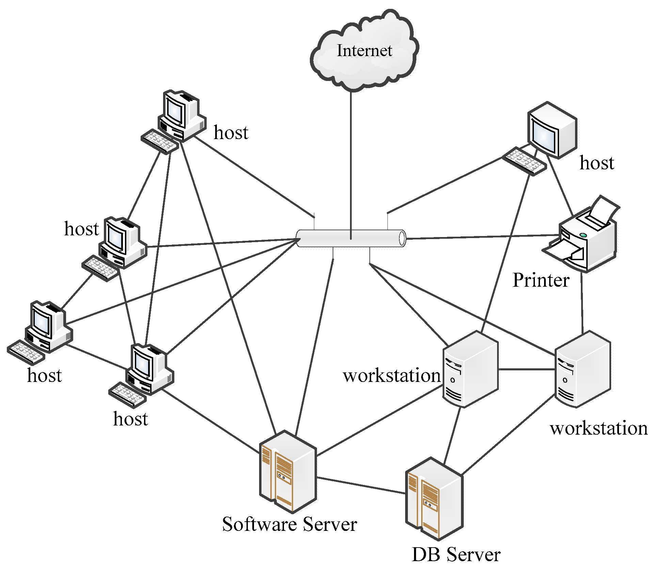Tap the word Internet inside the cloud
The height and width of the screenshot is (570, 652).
pos(364,51)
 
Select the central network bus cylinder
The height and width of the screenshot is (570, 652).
pos(351,238)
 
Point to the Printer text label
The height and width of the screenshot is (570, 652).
pos(541,281)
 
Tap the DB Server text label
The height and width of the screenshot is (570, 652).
pos(456,554)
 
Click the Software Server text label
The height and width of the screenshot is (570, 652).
pos(289,524)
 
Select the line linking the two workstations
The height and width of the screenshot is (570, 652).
pos(526,369)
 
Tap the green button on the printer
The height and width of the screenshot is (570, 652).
pos(583,235)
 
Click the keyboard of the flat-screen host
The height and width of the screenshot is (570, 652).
pos(524,161)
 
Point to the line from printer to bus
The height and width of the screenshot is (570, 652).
pos(483,237)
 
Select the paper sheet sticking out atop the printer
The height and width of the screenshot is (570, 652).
pos(604,209)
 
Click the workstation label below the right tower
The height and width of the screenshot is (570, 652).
pos(599,428)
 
